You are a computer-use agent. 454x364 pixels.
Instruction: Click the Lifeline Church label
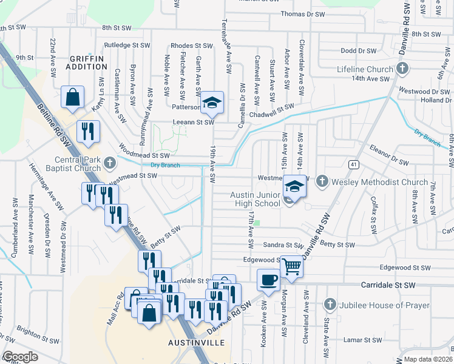coord(364,69)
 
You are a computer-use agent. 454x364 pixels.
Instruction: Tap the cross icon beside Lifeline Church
coord(402,69)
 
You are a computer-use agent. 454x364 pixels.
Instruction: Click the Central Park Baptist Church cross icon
coord(109,162)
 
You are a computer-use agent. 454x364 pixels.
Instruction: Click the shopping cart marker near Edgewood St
coord(292,267)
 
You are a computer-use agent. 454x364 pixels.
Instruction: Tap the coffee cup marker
coord(268,280)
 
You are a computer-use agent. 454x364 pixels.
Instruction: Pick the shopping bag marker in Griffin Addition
coord(72,98)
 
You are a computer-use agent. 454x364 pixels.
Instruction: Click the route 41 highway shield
coord(353,164)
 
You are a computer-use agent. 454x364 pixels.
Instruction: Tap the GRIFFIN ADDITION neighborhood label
coord(87,62)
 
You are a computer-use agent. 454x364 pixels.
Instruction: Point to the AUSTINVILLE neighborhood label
coord(196,343)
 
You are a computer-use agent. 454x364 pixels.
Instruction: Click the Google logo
coord(20,357)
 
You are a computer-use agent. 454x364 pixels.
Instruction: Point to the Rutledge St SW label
coord(126,45)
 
